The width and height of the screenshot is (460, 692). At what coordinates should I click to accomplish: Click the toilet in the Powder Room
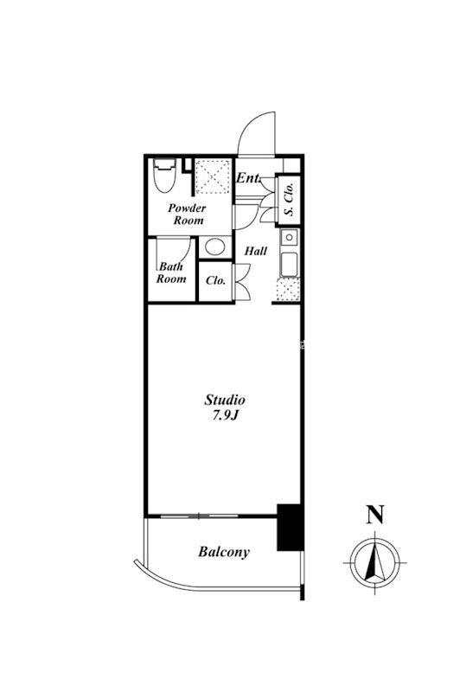click(164, 175)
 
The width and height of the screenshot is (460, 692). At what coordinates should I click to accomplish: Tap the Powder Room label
click(187, 214)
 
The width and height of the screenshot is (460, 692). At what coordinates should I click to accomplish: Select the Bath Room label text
click(171, 272)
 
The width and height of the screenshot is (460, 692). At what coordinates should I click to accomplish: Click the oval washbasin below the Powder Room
click(215, 247)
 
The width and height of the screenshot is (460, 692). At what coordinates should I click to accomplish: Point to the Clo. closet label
click(215, 280)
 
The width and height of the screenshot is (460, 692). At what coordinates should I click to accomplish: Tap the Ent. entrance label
click(248, 178)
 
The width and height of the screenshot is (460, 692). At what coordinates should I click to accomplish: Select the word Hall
click(256, 251)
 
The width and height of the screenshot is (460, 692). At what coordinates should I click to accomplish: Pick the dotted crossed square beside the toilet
click(213, 176)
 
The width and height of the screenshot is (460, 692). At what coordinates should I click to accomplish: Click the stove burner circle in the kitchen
click(290, 237)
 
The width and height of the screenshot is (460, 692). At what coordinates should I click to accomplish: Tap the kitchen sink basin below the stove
click(289, 264)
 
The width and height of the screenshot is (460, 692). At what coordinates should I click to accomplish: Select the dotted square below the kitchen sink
click(288, 289)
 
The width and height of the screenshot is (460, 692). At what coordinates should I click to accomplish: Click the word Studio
click(225, 400)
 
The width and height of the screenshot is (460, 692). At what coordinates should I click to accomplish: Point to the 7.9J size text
click(226, 416)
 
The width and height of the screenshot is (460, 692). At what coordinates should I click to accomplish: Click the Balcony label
click(224, 552)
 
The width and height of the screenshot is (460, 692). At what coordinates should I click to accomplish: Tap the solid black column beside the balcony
click(290, 527)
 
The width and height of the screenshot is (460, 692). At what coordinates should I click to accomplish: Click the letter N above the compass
click(375, 515)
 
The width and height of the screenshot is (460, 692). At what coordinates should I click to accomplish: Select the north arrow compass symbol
click(375, 564)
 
